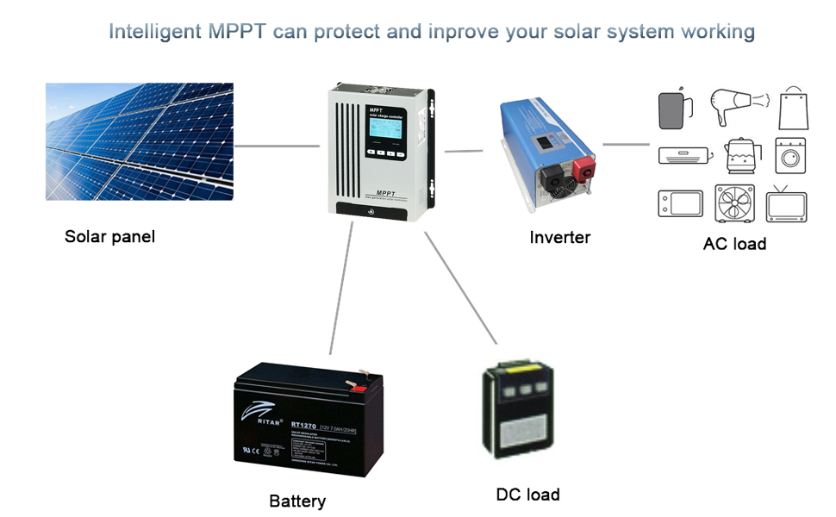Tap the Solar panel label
point(109,236)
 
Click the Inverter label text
point(559,237)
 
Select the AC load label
point(734,244)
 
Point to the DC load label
point(527,495)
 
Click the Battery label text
point(297,501)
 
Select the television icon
point(786,204)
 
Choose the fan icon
point(735,204)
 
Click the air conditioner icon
point(685,156)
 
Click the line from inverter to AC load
point(625,144)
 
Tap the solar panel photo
point(139,141)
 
